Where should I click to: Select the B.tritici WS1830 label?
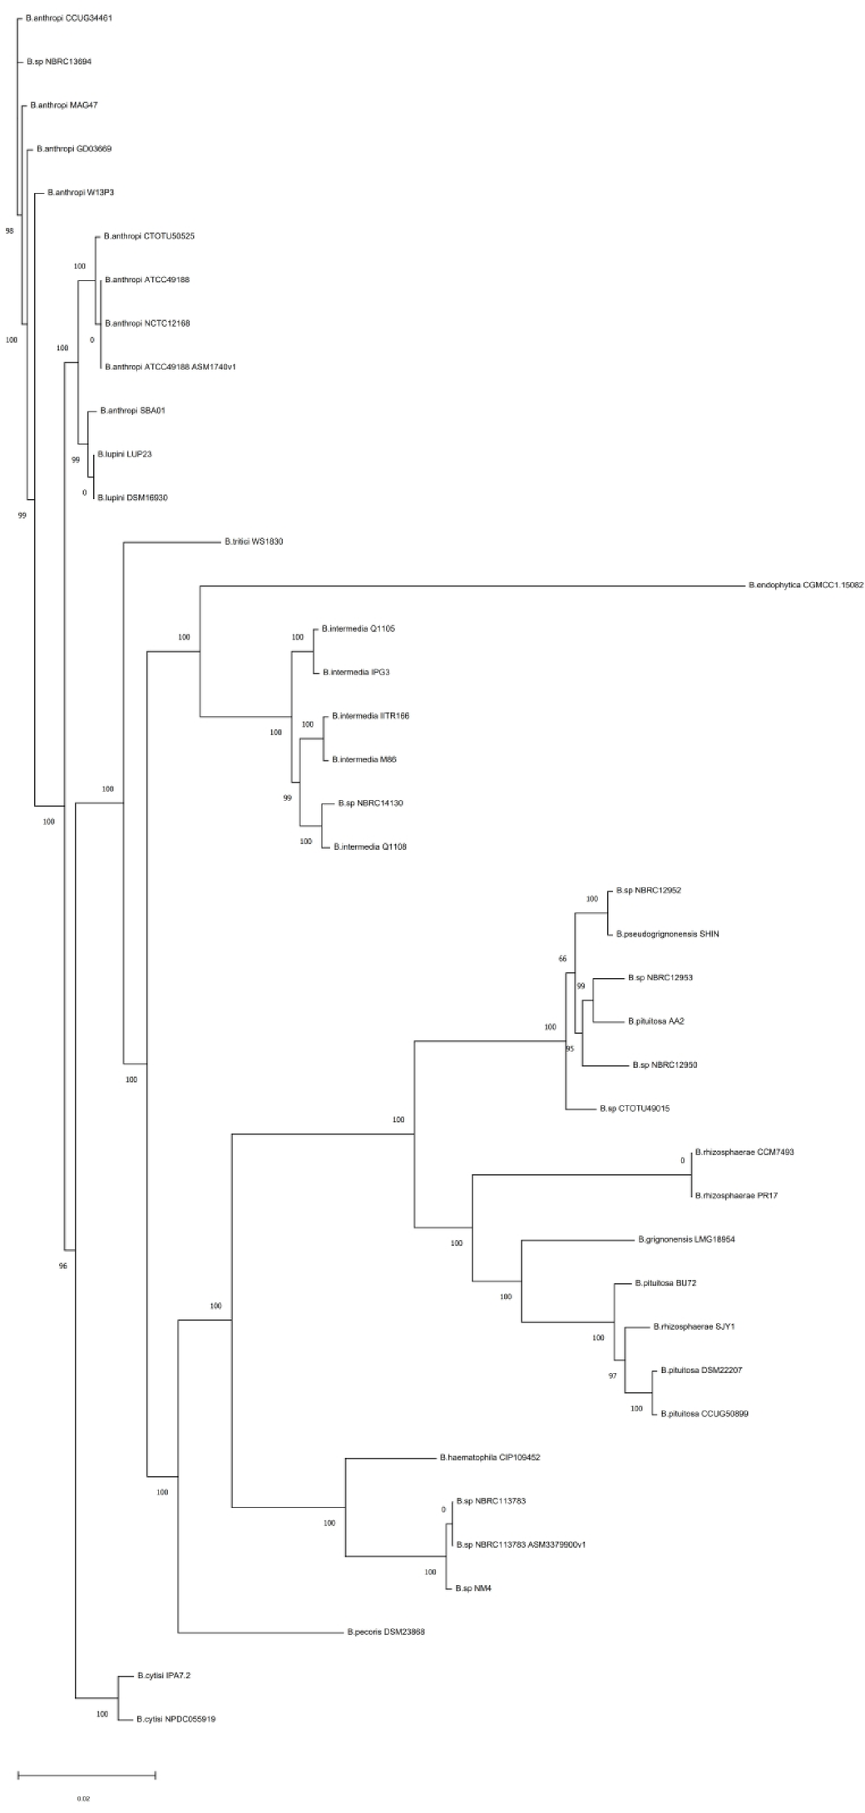(x=254, y=541)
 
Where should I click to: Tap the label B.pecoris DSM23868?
(x=386, y=1632)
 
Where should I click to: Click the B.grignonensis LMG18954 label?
(x=686, y=1239)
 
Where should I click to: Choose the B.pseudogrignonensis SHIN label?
(x=668, y=934)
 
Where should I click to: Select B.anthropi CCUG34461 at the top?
(x=68, y=17)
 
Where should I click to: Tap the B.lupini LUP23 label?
(x=124, y=454)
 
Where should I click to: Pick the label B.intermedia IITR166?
(x=370, y=715)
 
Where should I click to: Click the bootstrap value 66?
(x=562, y=959)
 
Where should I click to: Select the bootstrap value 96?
(x=62, y=1266)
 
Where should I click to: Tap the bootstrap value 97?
(x=612, y=1376)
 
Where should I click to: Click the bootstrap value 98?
(x=10, y=230)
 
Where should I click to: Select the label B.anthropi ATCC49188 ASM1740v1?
(x=170, y=367)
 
